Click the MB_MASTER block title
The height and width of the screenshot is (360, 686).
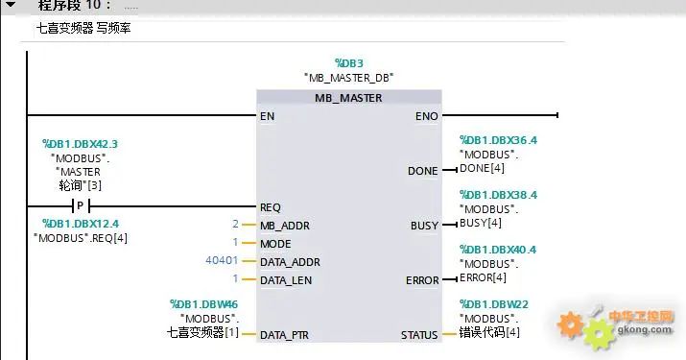(x=348, y=98)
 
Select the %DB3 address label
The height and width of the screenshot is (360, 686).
(x=348, y=60)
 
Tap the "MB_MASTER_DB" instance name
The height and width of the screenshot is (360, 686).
(x=348, y=77)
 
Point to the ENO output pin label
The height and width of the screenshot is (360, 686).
(x=426, y=116)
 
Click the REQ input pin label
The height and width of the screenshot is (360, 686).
(x=271, y=206)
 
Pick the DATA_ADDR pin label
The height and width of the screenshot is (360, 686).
(x=289, y=262)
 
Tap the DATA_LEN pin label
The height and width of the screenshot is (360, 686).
(x=285, y=280)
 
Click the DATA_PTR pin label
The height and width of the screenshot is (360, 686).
(x=284, y=335)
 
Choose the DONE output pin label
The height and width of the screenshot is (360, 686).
(x=422, y=171)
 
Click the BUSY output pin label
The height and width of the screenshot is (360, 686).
(x=423, y=226)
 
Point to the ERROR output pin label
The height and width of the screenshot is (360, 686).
(x=422, y=280)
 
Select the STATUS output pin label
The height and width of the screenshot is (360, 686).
(x=419, y=335)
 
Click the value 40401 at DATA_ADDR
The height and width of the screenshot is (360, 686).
(x=222, y=261)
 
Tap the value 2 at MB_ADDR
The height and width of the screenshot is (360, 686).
(x=235, y=225)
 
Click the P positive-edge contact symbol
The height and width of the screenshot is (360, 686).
(x=82, y=206)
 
